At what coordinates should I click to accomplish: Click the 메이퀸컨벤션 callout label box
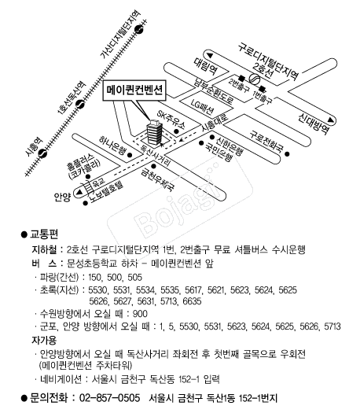click(x=134, y=90)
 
